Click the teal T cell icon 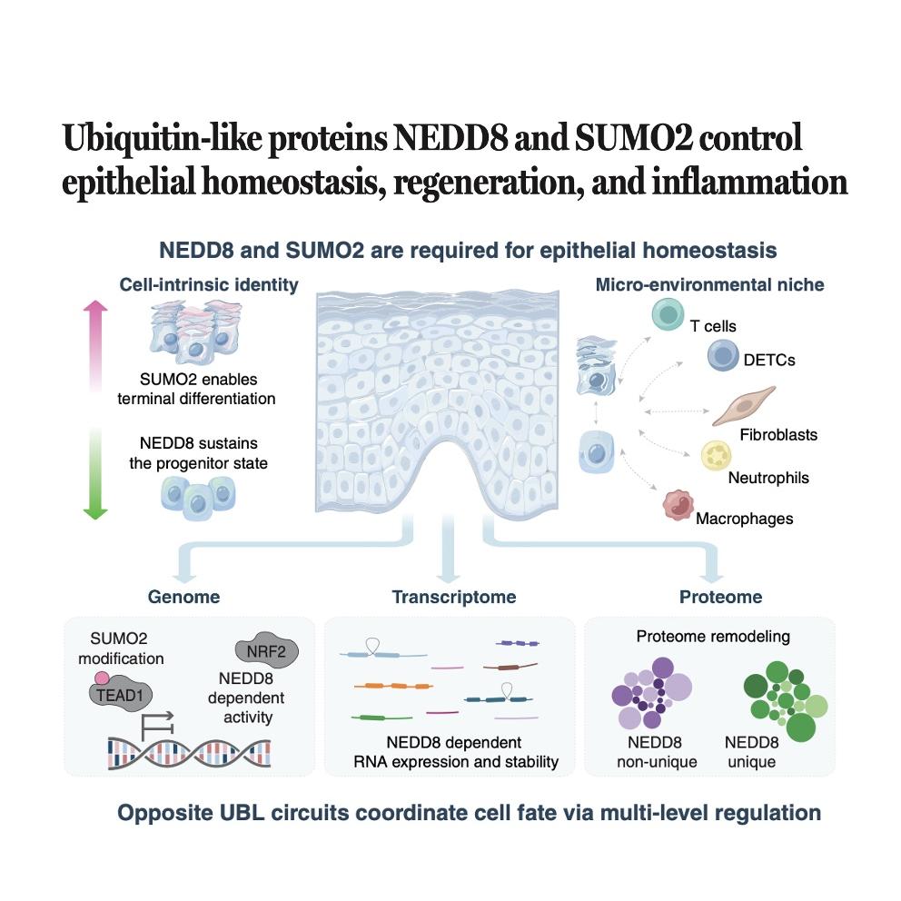pyautogui.click(x=668, y=314)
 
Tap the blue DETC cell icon pyautogui.click(x=723, y=354)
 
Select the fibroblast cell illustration pyautogui.click(x=744, y=406)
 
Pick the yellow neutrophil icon pyautogui.click(x=716, y=456)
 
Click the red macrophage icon pyautogui.click(x=678, y=505)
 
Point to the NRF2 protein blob pyautogui.click(x=267, y=651)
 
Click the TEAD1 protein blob pyautogui.click(x=121, y=696)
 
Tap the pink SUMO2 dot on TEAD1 pyautogui.click(x=102, y=678)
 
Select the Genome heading pyautogui.click(x=183, y=597)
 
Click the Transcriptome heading pyautogui.click(x=454, y=597)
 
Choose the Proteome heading pyautogui.click(x=720, y=597)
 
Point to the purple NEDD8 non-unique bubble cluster pyautogui.click(x=651, y=692)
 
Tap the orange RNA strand pyautogui.click(x=393, y=686)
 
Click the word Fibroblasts pyautogui.click(x=778, y=434)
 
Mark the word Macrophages pyautogui.click(x=744, y=519)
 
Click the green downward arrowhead pyautogui.click(x=95, y=512)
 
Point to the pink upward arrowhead pyautogui.click(x=95, y=306)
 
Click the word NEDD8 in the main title pyautogui.click(x=450, y=138)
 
